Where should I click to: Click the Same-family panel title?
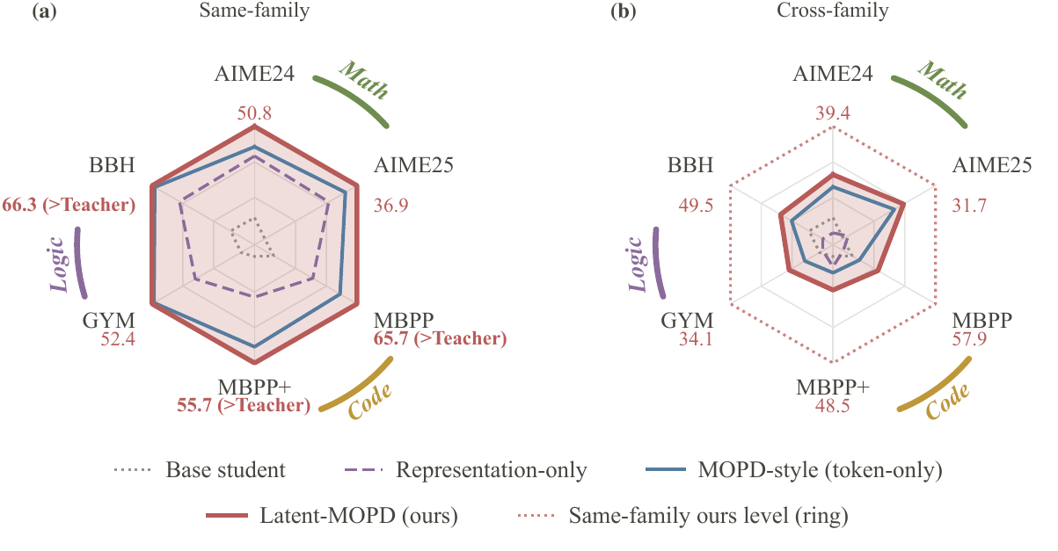point(254,11)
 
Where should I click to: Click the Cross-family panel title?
point(833,11)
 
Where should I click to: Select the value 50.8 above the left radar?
point(254,113)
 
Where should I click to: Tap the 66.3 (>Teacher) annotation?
point(69,205)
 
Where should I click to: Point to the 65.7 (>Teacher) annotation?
point(441,338)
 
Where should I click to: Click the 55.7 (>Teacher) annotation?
point(244,405)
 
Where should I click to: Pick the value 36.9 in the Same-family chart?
point(391,206)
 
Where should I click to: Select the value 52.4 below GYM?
point(118,339)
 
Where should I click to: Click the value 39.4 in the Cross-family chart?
point(833,113)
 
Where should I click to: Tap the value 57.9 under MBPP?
point(969,339)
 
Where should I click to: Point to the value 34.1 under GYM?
point(696,339)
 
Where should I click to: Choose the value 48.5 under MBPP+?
point(832,406)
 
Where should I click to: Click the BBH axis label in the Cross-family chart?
point(690,165)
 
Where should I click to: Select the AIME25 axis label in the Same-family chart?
point(413,165)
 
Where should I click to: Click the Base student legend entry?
point(200,470)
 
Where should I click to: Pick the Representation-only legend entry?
point(466,470)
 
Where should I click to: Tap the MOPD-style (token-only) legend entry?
point(794,470)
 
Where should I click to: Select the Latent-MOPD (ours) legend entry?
point(332,515)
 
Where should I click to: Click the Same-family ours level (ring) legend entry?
point(683,515)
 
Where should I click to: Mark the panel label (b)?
point(624,11)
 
